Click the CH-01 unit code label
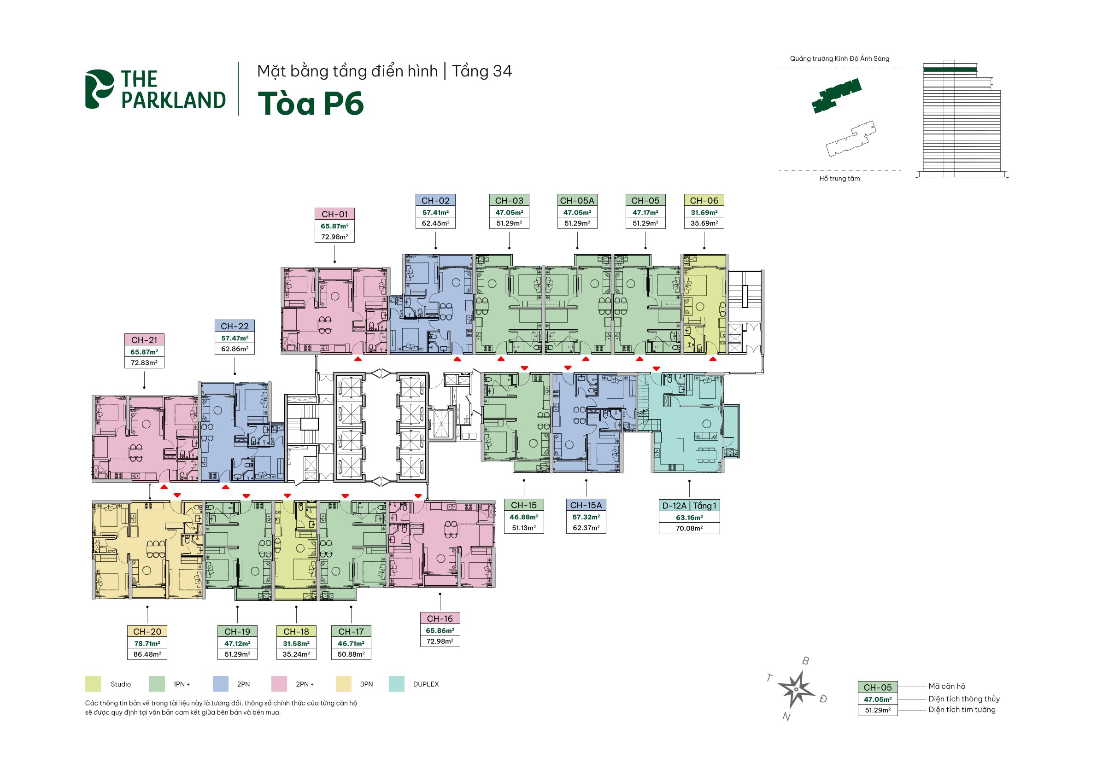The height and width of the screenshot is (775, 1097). pyautogui.click(x=334, y=214)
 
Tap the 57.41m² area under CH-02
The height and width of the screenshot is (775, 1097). pyautogui.click(x=435, y=212)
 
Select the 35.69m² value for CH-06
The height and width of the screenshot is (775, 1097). pyautogui.click(x=704, y=223)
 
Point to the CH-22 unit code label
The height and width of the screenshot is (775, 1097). pyautogui.click(x=235, y=326)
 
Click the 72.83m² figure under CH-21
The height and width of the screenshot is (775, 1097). pyautogui.click(x=144, y=362)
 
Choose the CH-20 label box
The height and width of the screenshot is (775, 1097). pyautogui.click(x=147, y=631)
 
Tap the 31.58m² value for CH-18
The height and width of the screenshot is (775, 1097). pyautogui.click(x=296, y=643)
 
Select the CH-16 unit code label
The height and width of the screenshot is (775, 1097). pyautogui.click(x=440, y=618)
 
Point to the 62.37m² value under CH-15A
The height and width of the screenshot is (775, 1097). pyautogui.click(x=586, y=528)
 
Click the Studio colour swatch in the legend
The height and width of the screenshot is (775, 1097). pyautogui.click(x=93, y=684)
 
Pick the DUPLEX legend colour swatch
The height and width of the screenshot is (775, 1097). pyautogui.click(x=397, y=684)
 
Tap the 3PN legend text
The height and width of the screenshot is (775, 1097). pyautogui.click(x=366, y=684)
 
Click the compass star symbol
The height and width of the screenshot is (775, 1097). pyautogui.click(x=796, y=689)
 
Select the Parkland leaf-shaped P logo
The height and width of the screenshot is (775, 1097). pyautogui.click(x=99, y=89)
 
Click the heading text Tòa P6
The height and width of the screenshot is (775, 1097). pyautogui.click(x=311, y=104)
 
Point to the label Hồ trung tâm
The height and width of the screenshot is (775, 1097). pyautogui.click(x=839, y=179)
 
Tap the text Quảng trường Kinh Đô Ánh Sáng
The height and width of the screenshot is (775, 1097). pyautogui.click(x=839, y=59)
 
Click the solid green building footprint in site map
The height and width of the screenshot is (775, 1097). pyautogui.click(x=836, y=95)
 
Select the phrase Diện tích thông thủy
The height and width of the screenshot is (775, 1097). pyautogui.click(x=964, y=699)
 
